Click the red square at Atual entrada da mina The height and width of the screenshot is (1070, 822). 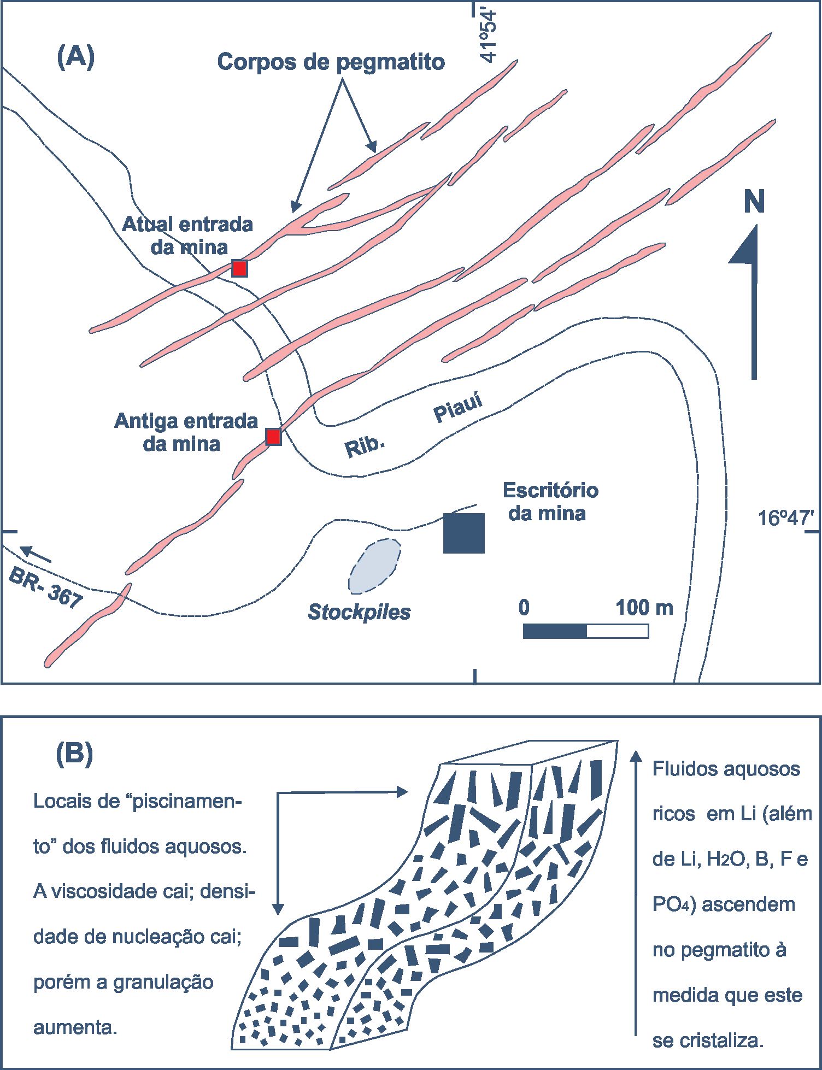coord(239,268)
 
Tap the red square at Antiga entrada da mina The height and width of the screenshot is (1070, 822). coord(273,437)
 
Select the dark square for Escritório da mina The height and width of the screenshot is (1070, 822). coord(463,533)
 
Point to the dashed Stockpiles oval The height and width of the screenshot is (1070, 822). coord(375,566)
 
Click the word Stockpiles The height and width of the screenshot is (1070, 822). coord(359,612)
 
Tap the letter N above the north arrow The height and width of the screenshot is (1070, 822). coord(754,202)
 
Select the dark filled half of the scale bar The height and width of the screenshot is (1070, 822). coord(555,631)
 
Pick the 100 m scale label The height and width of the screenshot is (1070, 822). coord(644,607)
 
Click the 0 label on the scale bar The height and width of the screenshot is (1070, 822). coord(524,607)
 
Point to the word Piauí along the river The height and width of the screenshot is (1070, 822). coord(458,407)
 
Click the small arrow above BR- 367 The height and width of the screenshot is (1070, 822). coord(36,554)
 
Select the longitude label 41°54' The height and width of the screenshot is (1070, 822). coord(488,36)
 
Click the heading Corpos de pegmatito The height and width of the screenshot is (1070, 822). coord(331,62)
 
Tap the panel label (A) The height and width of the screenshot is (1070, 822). coord(75,56)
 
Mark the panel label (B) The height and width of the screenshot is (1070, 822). coord(74,754)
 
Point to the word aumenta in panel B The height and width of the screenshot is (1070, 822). coord(75,1027)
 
